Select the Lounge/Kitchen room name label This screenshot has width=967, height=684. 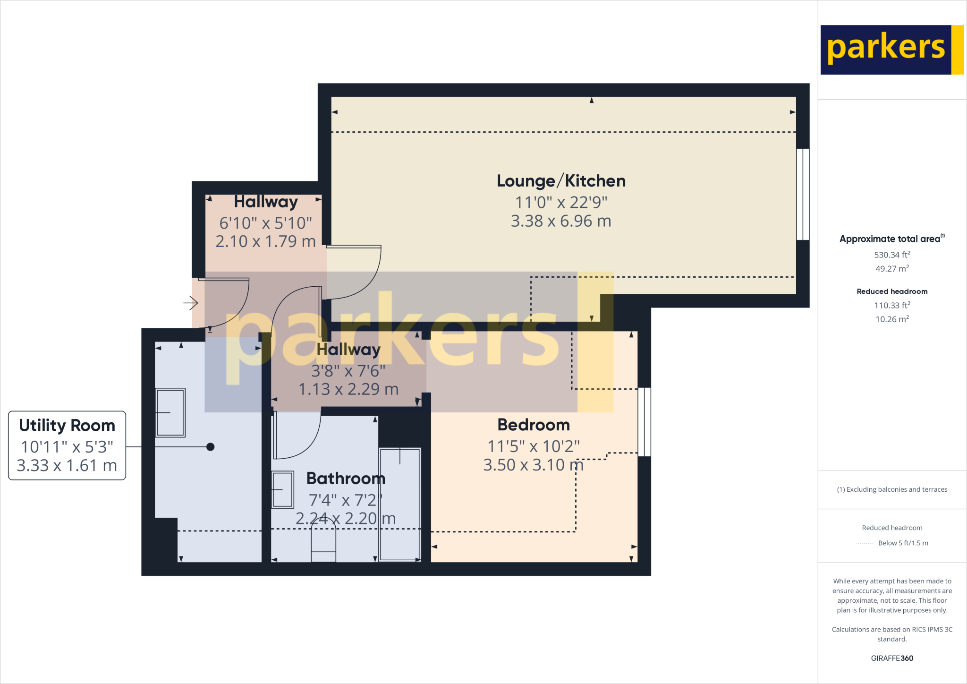561,181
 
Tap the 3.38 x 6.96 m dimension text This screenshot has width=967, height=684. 561,221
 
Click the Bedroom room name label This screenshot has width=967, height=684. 534,425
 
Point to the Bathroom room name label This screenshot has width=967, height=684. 346,479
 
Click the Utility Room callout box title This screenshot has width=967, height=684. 67,426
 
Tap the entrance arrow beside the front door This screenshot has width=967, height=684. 191,302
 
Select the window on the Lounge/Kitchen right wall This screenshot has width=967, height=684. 803,194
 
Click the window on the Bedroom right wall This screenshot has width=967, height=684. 644,422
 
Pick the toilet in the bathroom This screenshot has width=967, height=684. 323,541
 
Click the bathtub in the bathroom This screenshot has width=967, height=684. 399,504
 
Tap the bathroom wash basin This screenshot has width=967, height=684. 282,489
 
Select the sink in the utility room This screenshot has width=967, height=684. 170,412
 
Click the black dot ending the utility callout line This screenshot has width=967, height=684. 211,447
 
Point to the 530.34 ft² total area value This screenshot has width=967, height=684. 892,255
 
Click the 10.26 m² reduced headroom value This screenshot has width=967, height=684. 892,319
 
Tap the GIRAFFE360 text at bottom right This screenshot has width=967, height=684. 892,658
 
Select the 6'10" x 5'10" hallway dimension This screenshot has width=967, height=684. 265,223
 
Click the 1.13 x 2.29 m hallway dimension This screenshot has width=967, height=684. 348,389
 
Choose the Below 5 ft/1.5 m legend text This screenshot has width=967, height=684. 903,543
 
